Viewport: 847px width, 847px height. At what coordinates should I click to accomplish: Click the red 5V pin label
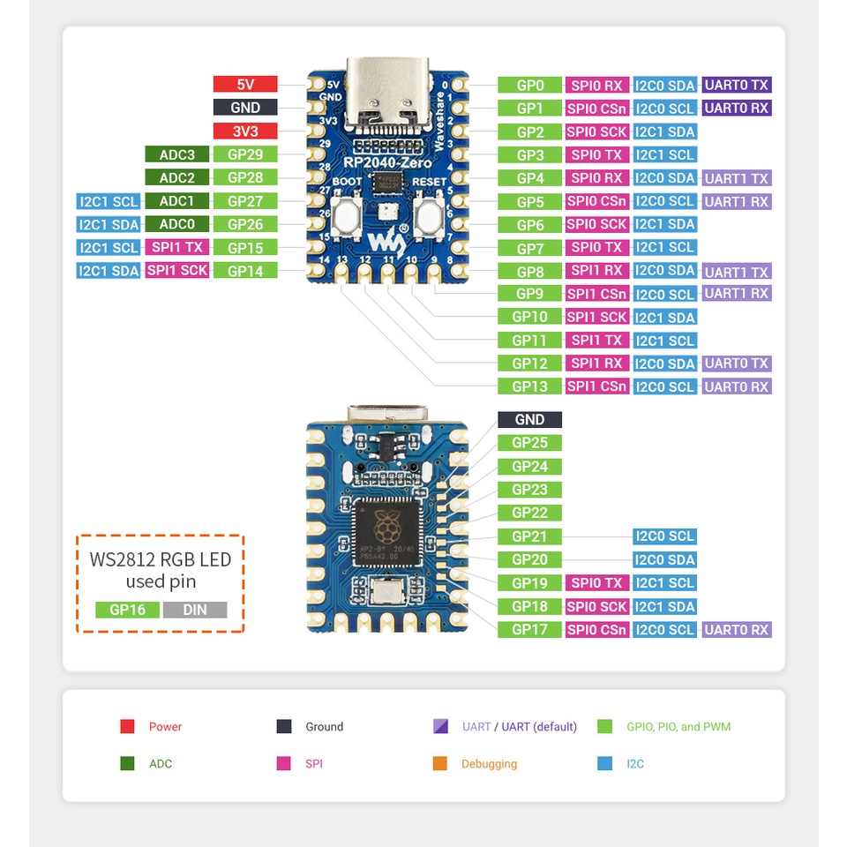pyautogui.click(x=245, y=85)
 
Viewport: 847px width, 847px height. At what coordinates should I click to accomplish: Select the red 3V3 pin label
pyautogui.click(x=245, y=131)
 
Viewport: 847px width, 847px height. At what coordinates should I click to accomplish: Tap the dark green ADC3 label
pyautogui.click(x=177, y=154)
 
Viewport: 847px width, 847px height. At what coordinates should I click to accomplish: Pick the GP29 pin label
pyautogui.click(x=245, y=154)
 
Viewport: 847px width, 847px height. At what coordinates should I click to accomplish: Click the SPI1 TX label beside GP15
pyautogui.click(x=177, y=248)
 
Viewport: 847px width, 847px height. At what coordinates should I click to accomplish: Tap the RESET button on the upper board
pyautogui.click(x=429, y=213)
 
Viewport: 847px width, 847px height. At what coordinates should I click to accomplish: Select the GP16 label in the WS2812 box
pyautogui.click(x=127, y=610)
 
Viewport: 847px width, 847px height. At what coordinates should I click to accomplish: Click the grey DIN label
pyautogui.click(x=194, y=610)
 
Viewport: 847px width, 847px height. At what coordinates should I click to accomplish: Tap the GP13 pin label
pyautogui.click(x=529, y=386)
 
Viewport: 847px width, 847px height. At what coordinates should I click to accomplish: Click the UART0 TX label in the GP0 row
pyautogui.click(x=737, y=86)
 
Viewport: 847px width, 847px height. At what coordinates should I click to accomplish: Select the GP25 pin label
pyautogui.click(x=529, y=443)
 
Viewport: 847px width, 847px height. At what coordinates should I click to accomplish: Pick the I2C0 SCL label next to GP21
pyautogui.click(x=664, y=536)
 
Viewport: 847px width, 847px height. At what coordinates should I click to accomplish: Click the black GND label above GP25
pyautogui.click(x=529, y=420)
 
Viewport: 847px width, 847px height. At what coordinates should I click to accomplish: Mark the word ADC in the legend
pyautogui.click(x=161, y=764)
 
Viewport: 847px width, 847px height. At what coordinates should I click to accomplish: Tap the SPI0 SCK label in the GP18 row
pyautogui.click(x=597, y=607)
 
